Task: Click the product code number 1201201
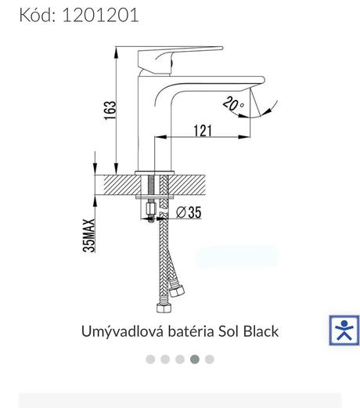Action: [x=100, y=15]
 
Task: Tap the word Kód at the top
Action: [x=38, y=15]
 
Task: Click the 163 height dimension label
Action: [x=110, y=110]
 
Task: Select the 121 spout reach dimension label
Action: [x=203, y=131]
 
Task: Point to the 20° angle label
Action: [x=233, y=103]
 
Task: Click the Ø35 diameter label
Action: [x=189, y=212]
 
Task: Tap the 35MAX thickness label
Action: [x=89, y=236]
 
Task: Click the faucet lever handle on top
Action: [x=180, y=60]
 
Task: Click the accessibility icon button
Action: [x=344, y=330]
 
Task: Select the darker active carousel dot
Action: [x=195, y=359]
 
